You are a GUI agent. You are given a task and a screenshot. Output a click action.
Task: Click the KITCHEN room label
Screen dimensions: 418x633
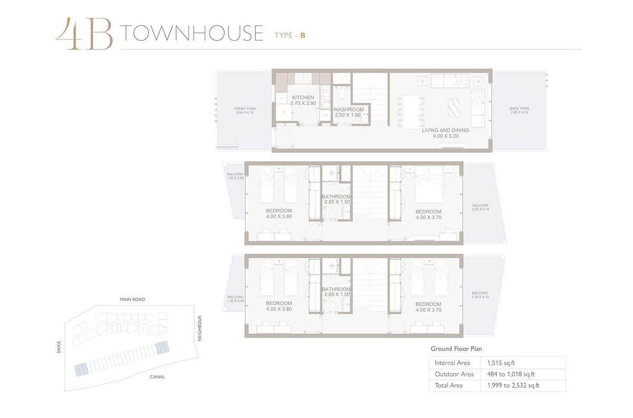click(303, 98)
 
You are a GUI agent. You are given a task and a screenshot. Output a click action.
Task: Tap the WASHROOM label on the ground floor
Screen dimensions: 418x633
click(349, 110)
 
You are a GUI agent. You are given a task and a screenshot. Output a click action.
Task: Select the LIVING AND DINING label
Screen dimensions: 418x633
click(445, 130)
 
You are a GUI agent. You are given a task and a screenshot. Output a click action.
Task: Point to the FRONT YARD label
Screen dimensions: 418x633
click(245, 109)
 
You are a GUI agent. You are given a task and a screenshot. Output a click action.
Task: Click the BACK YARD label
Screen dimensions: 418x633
click(519, 109)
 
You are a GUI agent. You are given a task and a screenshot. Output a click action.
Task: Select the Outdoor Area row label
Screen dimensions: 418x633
click(453, 374)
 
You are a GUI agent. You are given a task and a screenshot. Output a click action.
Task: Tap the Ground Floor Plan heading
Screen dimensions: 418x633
click(456, 349)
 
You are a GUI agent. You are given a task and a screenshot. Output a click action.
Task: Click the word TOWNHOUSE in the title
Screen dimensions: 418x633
click(191, 33)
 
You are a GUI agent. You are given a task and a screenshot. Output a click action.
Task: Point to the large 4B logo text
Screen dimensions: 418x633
click(84, 34)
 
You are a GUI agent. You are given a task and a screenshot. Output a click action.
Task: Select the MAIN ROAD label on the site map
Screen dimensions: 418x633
click(132, 299)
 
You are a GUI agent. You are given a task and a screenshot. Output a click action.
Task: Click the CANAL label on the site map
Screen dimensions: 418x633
click(157, 377)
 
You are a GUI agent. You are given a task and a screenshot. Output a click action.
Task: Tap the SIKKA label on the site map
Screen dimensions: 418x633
click(60, 346)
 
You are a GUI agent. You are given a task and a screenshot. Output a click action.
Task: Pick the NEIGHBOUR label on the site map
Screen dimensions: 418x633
click(200, 328)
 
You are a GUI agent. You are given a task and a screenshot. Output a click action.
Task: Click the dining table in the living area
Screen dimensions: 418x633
click(411, 110)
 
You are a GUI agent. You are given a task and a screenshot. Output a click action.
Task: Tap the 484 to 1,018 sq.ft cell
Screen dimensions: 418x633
click(510, 374)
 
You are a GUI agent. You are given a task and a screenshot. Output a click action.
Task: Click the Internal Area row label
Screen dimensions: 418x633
click(453, 363)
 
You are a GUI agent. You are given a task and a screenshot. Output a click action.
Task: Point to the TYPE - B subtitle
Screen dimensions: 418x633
click(290, 35)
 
